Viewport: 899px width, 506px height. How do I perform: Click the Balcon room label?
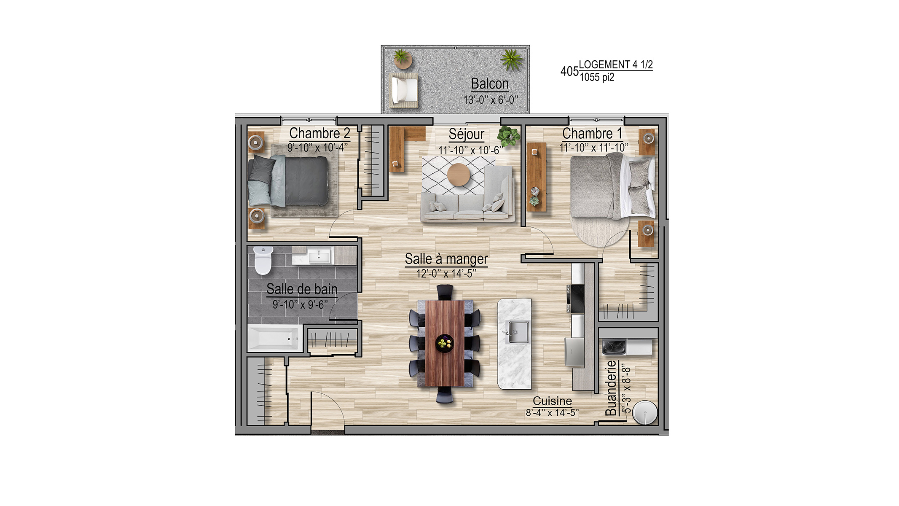(x=490, y=84)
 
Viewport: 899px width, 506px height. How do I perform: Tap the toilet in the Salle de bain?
(x=263, y=260)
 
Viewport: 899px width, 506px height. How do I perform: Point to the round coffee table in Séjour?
(x=458, y=175)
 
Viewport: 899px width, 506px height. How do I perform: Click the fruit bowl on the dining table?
(x=444, y=342)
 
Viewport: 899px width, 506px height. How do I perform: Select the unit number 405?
(x=569, y=71)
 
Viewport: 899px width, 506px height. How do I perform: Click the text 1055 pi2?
(x=597, y=77)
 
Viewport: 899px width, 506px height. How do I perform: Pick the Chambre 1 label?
(x=592, y=134)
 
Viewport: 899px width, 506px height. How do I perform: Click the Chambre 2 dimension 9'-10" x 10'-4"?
(x=317, y=148)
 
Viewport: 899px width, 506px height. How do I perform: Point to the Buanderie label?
(x=611, y=388)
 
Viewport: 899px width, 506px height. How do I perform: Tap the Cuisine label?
(x=552, y=401)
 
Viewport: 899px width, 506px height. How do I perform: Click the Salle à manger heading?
(x=446, y=258)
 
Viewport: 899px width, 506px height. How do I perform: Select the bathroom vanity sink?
(x=319, y=256)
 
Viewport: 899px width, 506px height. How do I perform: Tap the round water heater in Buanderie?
(x=645, y=412)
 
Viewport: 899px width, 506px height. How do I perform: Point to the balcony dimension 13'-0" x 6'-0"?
(x=491, y=100)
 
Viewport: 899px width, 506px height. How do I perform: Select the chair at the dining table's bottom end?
(x=445, y=395)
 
